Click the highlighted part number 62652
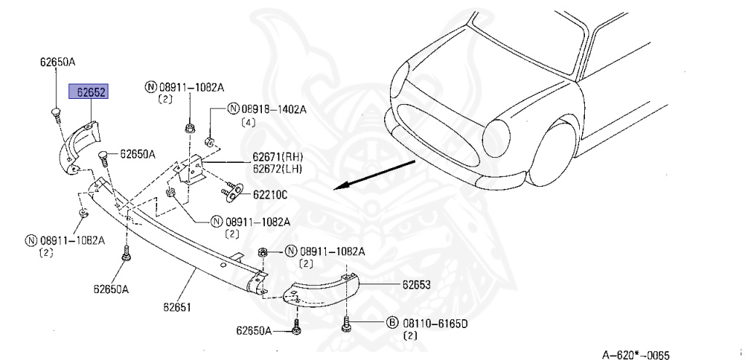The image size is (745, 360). pyautogui.click(x=89, y=91)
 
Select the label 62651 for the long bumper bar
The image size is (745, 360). pyautogui.click(x=177, y=308)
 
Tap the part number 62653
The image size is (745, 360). pyautogui.click(x=416, y=284)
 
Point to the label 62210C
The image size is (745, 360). pyautogui.click(x=270, y=195)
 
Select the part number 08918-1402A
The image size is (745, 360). pyautogui.click(x=274, y=110)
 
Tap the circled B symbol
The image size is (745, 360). pyautogui.click(x=391, y=324)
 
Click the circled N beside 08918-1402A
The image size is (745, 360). pyautogui.click(x=233, y=109)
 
